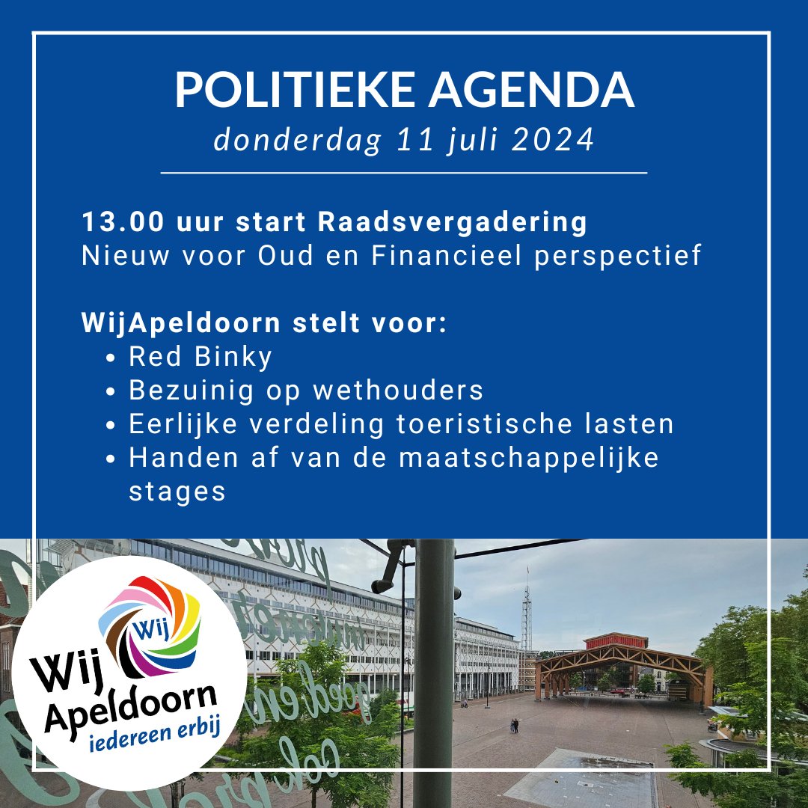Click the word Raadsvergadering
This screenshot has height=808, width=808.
[x=453, y=223]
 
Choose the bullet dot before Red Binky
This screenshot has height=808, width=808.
[x=111, y=358]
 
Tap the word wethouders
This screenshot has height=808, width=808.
[x=398, y=391]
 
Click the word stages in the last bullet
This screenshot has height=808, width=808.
[x=177, y=492]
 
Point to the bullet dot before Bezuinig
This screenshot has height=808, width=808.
[x=111, y=391]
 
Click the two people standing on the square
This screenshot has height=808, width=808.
[x=514, y=726]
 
